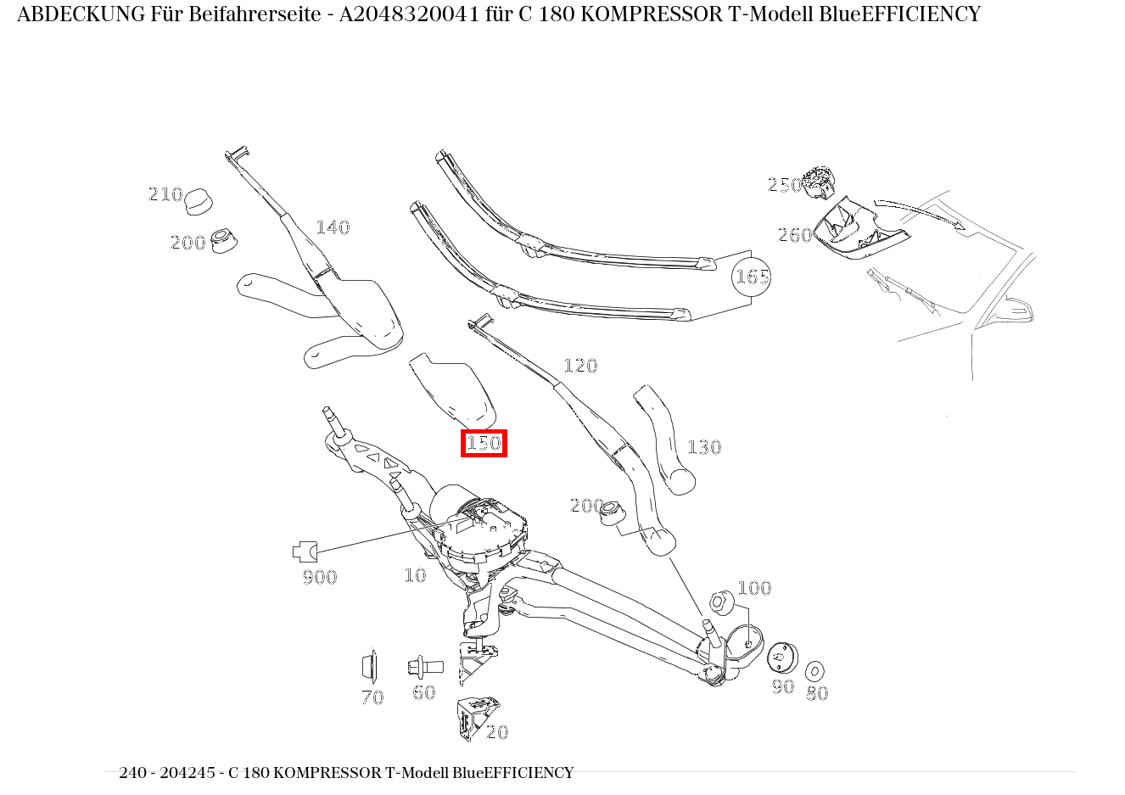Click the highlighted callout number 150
pos(484,443)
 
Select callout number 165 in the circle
pos(752,277)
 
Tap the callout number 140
pos(333,227)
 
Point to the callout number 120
pos(580,366)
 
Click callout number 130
pos(703,447)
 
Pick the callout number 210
pos(165,194)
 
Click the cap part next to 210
pos(199,202)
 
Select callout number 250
pos(784,185)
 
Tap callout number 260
pos(795,235)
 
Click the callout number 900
pos(320,577)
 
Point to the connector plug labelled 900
pos(305,551)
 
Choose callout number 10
pos(415,575)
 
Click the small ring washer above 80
pos(815,671)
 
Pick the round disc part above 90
pos(781,657)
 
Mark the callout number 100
pos(754,588)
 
